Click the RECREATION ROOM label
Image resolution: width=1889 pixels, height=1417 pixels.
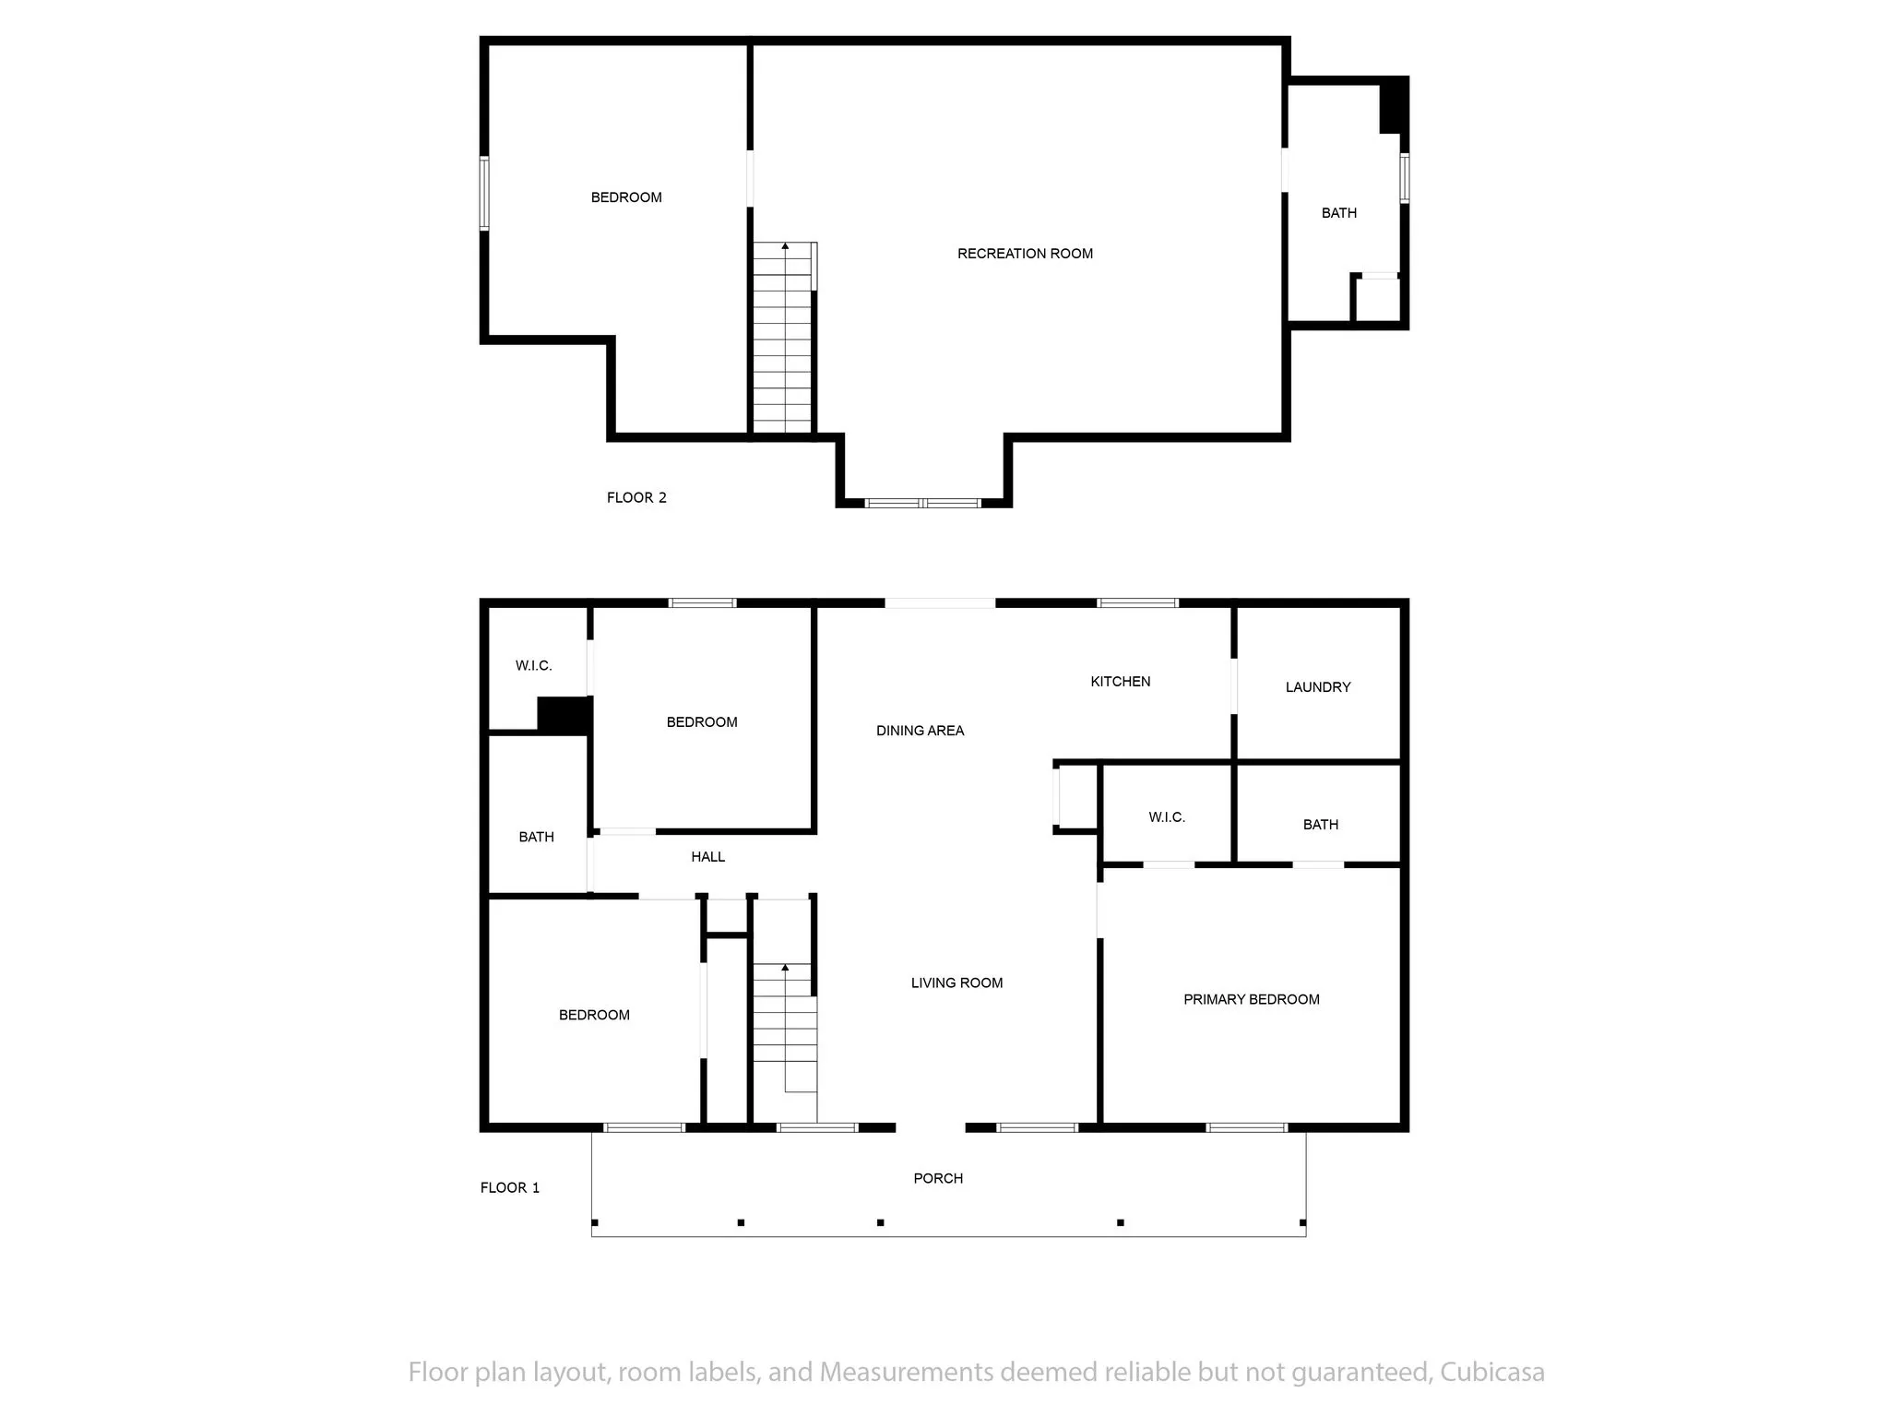(1025, 254)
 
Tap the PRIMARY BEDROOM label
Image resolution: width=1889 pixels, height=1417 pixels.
(1251, 999)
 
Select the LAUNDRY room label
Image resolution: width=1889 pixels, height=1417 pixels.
(1318, 687)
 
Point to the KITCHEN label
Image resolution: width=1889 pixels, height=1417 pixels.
(1121, 682)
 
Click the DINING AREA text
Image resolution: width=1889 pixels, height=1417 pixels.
(920, 731)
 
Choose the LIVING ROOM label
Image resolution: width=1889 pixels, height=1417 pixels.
(956, 983)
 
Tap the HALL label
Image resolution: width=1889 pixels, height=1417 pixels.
(707, 857)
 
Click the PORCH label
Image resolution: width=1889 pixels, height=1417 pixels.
(938, 1178)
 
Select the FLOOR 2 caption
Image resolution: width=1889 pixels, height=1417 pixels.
(636, 498)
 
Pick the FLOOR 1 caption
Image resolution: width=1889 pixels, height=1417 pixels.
(510, 1188)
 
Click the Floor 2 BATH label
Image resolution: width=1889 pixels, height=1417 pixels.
(1339, 213)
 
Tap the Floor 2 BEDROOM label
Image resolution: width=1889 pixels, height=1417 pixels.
(626, 197)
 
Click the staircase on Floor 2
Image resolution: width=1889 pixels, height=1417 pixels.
(784, 338)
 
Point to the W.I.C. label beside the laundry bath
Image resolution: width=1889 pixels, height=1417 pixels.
(1167, 817)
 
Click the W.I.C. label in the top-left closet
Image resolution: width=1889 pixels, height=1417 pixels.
(533, 666)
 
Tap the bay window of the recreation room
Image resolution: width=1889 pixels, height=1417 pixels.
(922, 503)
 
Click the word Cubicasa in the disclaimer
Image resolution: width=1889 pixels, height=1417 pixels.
(1492, 1372)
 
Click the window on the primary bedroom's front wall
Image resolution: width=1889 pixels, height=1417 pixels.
(1247, 1127)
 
